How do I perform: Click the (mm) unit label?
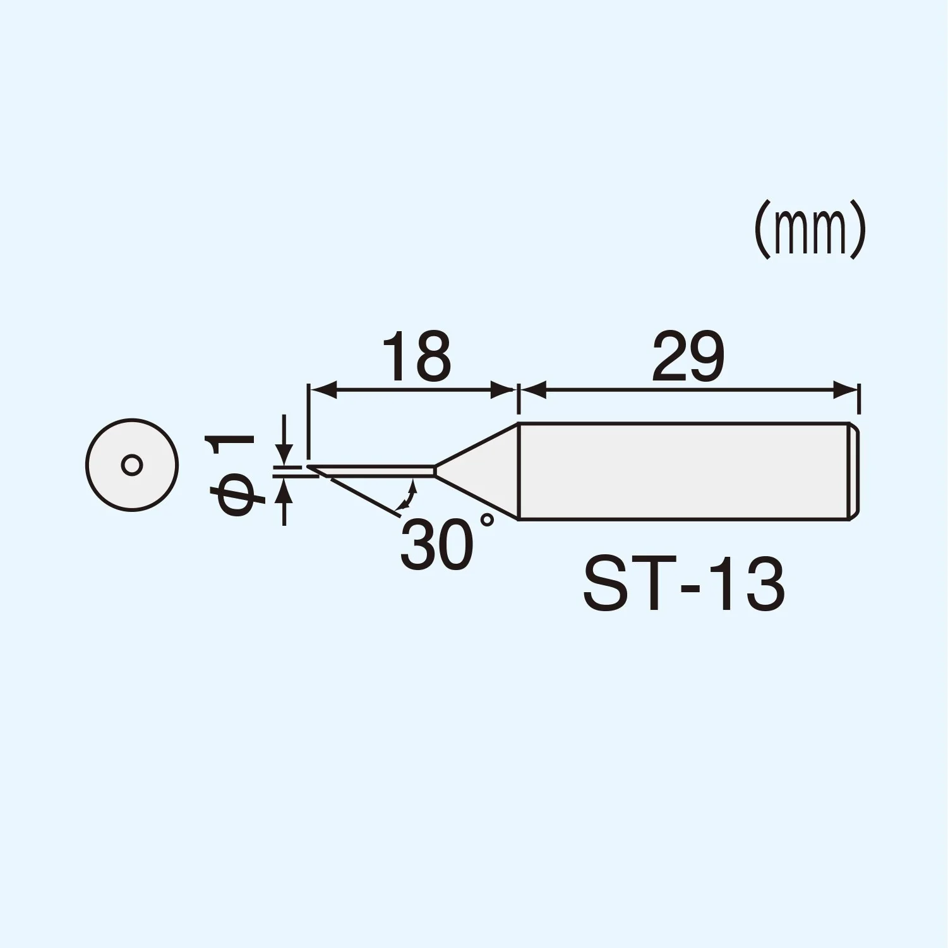(810, 229)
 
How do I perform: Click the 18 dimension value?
(417, 358)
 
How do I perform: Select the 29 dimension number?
(688, 358)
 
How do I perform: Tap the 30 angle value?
(437, 545)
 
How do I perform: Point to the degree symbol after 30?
(487, 521)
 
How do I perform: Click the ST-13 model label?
(684, 585)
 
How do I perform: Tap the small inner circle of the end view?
(132, 465)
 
